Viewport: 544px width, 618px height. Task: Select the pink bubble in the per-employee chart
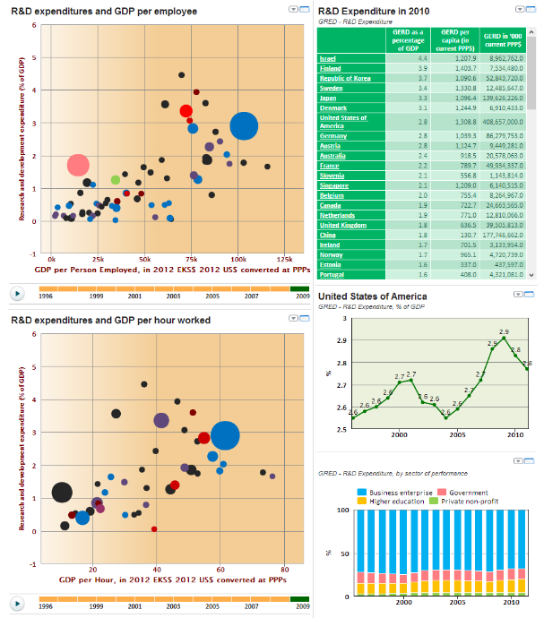click(x=79, y=165)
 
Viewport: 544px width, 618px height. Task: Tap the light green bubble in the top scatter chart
click(x=116, y=180)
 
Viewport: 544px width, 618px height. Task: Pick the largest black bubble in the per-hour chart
click(x=62, y=492)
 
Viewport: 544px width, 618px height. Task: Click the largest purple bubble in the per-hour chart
click(x=161, y=420)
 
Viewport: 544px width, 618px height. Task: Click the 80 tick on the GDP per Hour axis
click(x=284, y=571)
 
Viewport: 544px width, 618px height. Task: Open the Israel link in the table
click(x=327, y=58)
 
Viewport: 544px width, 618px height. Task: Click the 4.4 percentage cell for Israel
click(x=398, y=58)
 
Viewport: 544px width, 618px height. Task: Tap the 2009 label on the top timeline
click(x=303, y=295)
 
